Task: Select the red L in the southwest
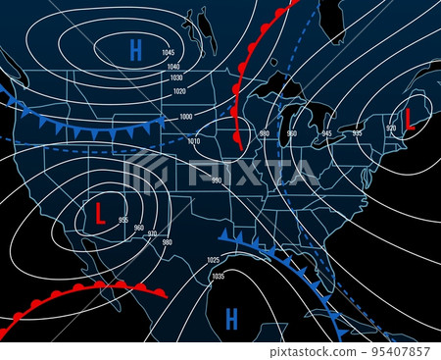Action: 99,213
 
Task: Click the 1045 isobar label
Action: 170,52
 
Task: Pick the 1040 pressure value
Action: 174,66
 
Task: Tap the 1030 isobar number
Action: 176,78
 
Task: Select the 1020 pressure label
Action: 179,91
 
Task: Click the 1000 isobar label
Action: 186,117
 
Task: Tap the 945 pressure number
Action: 327,133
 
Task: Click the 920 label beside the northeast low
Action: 391,129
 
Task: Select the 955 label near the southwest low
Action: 122,220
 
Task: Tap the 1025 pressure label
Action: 214,260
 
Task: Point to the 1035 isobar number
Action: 218,277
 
